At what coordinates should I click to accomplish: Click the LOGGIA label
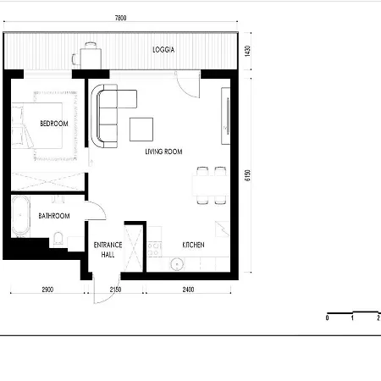pos(163,50)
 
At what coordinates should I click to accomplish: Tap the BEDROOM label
pos(54,124)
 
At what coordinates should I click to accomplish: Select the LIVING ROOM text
pos(163,152)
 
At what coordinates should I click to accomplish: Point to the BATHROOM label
pos(54,216)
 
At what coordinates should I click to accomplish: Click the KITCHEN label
pos(193,245)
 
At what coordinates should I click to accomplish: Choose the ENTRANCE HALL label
pos(108,250)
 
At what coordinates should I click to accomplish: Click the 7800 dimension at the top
pos(120,18)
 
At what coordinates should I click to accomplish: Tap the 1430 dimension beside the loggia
pos(247,51)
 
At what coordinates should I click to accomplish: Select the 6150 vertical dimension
pos(247,175)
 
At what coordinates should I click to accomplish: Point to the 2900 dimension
pos(47,290)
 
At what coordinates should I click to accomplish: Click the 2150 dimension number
pos(115,290)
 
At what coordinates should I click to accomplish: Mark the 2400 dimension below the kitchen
pos(188,290)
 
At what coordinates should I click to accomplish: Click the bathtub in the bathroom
pos(21,217)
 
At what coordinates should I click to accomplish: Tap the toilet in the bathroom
pos(58,239)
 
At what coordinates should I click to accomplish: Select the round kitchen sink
pos(177,264)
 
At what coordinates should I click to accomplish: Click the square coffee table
pos(141,130)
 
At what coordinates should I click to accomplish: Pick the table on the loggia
pos(91,58)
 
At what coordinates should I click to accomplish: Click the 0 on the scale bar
pos(327,318)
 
